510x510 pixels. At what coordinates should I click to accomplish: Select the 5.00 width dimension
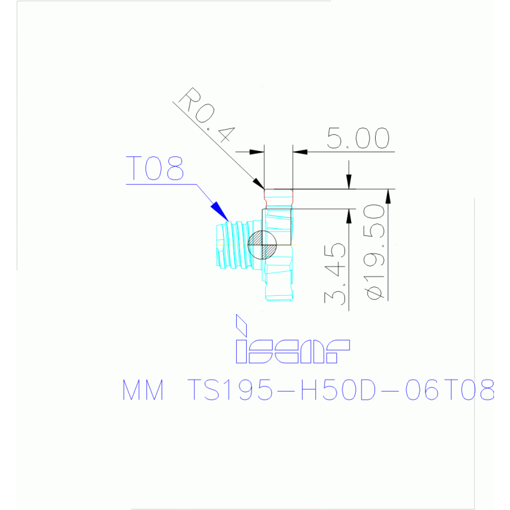pyautogui.click(x=358, y=138)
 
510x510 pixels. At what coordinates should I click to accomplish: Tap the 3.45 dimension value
pyautogui.click(x=334, y=273)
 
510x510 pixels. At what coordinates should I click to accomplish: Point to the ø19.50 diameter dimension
pyautogui.click(x=375, y=251)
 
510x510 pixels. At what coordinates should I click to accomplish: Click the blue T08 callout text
pyautogui.click(x=154, y=168)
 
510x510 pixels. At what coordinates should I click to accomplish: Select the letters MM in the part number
pyautogui.click(x=143, y=390)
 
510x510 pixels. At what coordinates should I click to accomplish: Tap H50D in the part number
pyautogui.click(x=338, y=390)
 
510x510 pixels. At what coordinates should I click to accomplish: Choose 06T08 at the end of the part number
pyautogui.click(x=450, y=390)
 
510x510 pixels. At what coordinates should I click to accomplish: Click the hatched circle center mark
pyautogui.click(x=262, y=245)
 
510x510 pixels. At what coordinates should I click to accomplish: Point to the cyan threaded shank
pyautogui.click(x=239, y=245)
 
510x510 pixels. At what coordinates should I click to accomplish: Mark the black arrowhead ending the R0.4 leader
pyautogui.click(x=259, y=184)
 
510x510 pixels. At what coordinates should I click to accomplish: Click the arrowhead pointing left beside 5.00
pyautogui.click(x=300, y=152)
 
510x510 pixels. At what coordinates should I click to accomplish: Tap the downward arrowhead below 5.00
pyautogui.click(x=348, y=182)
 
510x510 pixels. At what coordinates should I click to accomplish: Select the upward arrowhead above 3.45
pyautogui.click(x=348, y=216)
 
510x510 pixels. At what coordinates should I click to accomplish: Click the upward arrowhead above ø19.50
pyautogui.click(x=388, y=196)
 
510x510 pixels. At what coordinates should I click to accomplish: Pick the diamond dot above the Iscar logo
pyautogui.click(x=241, y=325)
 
